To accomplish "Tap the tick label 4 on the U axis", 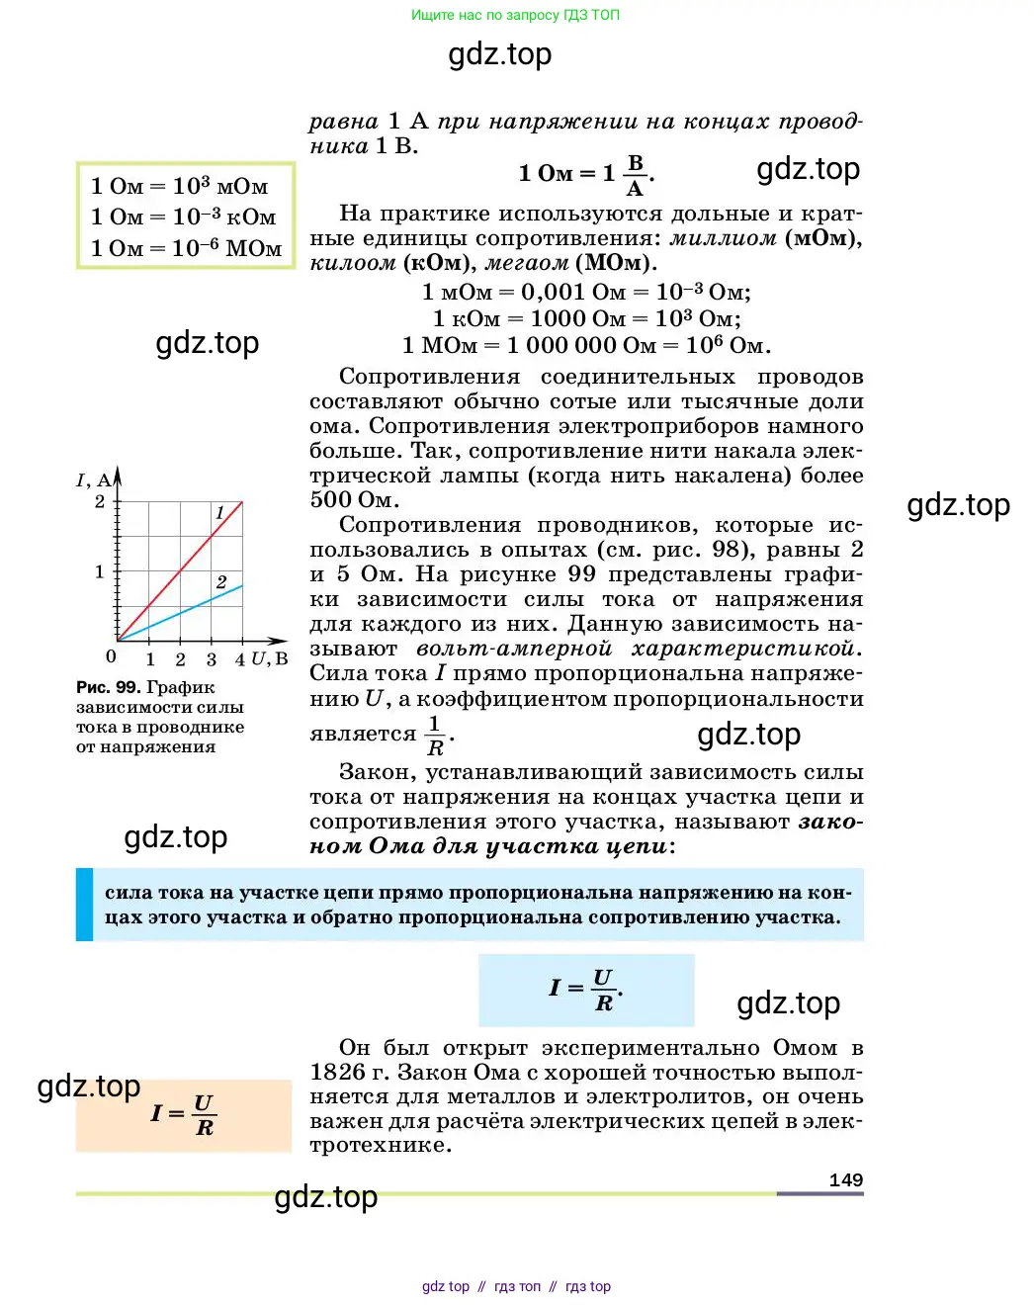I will (240, 659).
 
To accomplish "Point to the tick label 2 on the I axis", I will (100, 502).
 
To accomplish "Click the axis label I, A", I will (94, 480).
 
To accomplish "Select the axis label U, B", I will (269, 658).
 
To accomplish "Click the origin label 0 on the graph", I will (111, 656).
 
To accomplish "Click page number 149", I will (845, 1179).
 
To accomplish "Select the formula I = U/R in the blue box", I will (585, 989).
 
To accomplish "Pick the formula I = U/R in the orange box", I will (184, 1114).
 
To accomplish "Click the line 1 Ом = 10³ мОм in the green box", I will (179, 186).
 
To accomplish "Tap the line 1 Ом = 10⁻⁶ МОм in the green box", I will (186, 248).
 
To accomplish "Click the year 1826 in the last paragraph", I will (336, 1073).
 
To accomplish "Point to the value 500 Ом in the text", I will (352, 500).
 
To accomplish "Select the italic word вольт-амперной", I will (514, 649).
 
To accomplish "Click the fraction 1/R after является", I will (435, 736).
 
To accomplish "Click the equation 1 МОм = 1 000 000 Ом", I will (586, 345).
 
